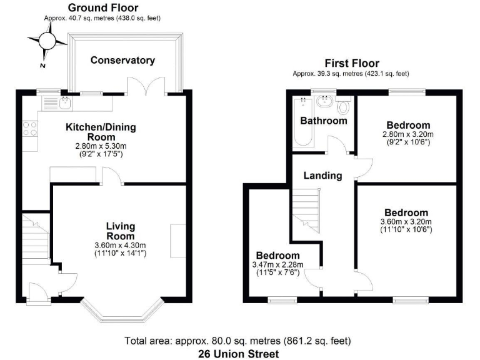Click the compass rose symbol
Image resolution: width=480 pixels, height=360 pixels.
click(x=46, y=42)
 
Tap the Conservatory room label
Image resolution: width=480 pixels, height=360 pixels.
click(x=122, y=60)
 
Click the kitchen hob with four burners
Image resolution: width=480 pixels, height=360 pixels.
click(x=29, y=129)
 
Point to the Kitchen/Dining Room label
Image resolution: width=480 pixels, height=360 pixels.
click(x=101, y=132)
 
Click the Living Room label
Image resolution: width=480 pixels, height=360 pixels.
click(x=120, y=231)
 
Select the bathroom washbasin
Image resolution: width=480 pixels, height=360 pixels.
click(x=325, y=102)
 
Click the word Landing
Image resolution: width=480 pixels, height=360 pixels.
click(x=322, y=176)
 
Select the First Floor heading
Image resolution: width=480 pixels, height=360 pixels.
click(x=351, y=63)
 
